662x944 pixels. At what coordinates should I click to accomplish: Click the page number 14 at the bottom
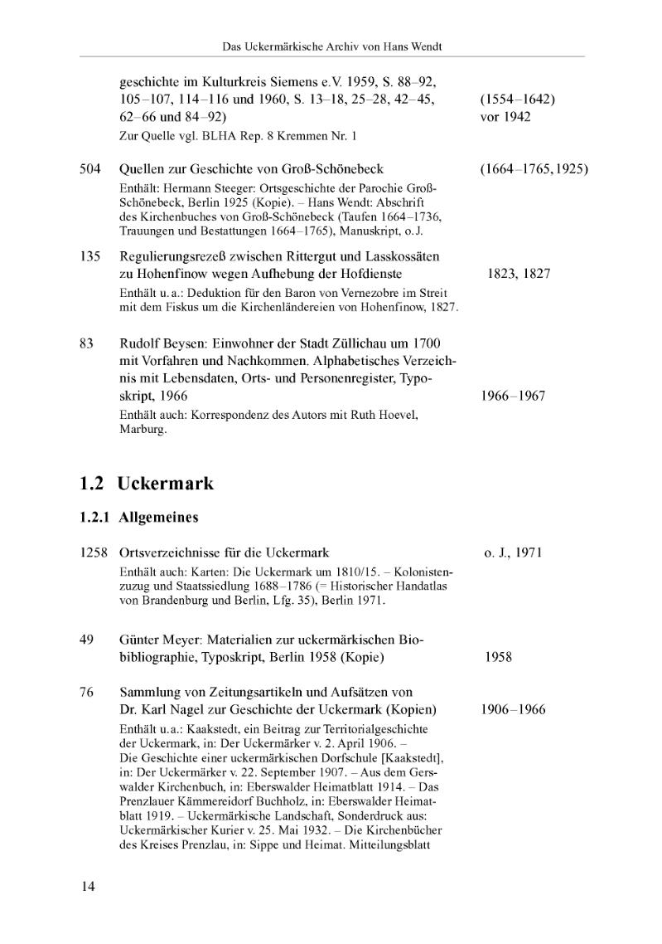click(88, 887)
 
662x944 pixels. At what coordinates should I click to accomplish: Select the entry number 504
click(90, 169)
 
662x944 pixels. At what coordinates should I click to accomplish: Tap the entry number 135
click(90, 256)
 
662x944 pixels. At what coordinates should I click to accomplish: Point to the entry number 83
click(86, 343)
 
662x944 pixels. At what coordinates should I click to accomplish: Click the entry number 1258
click(94, 552)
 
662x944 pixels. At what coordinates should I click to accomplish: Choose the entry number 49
click(86, 640)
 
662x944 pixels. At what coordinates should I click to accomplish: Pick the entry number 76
click(86, 692)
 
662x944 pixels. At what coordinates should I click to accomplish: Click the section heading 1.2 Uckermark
click(147, 483)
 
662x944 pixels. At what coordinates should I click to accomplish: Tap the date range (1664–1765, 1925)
click(534, 169)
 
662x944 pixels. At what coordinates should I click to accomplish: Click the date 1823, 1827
click(519, 274)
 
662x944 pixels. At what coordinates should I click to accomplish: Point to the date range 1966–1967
click(513, 396)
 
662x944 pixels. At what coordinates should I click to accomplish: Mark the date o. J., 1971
click(513, 552)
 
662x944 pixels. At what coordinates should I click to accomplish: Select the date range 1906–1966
click(513, 709)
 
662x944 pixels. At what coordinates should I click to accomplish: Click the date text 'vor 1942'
click(505, 117)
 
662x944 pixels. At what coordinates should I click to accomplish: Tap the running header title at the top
click(331, 46)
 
